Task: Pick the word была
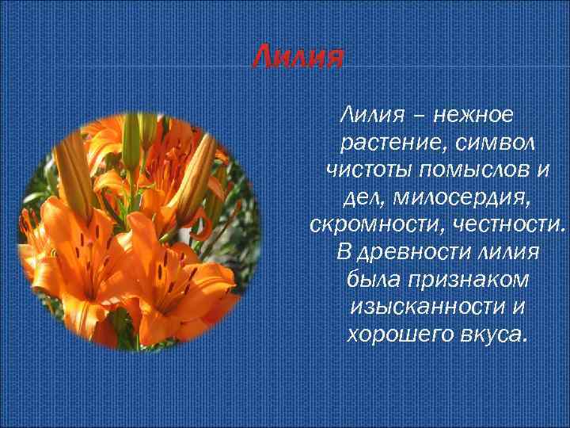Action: point(371,280)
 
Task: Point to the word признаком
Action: point(464,280)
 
